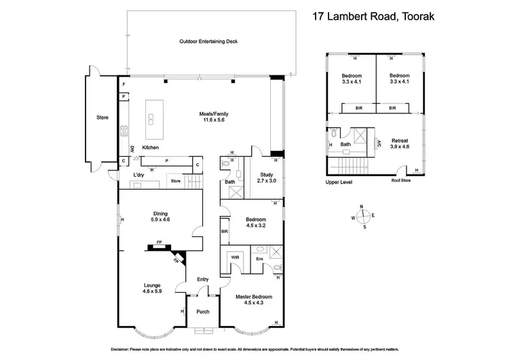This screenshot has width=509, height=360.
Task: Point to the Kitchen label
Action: [150, 147]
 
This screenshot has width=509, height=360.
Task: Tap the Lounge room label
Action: [151, 287]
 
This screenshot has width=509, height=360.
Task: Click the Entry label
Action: [203, 279]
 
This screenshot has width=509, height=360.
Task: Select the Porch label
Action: [202, 312]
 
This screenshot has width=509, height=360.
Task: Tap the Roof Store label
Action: [401, 181]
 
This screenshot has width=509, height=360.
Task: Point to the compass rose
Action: [364, 216]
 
